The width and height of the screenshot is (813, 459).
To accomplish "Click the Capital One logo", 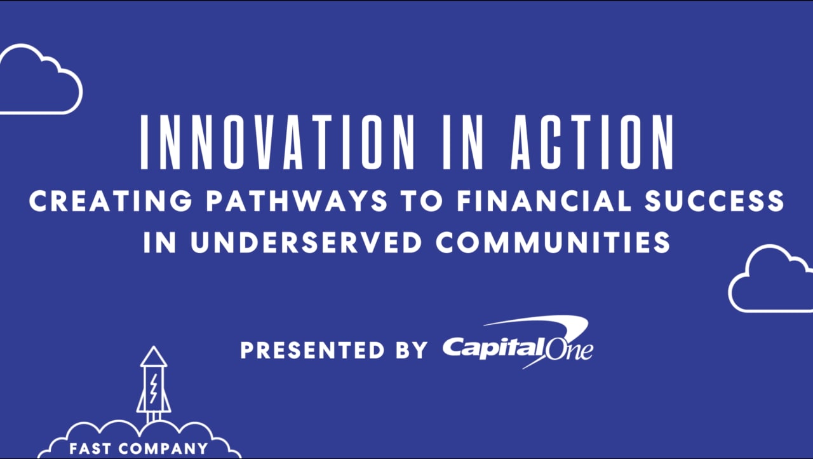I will click(518, 348).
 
